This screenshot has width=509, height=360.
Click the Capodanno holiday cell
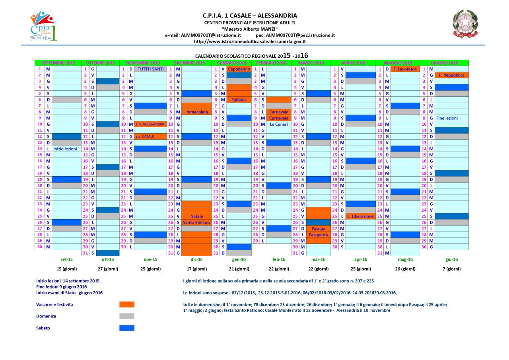[x=239, y=69]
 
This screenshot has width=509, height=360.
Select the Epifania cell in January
[x=239, y=100]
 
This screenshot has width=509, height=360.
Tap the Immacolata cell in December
[x=196, y=112]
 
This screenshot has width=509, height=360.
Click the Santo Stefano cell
[x=196, y=222]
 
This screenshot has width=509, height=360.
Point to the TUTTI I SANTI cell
[x=150, y=69]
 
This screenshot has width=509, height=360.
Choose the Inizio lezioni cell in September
[x=65, y=149]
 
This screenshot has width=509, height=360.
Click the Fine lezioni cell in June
[x=447, y=118]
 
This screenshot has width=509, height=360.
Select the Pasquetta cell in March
[x=319, y=235]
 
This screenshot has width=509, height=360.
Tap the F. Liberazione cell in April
[x=360, y=216]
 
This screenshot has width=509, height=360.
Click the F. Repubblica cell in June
[x=451, y=75]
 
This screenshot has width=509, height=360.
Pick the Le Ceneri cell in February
[x=279, y=124]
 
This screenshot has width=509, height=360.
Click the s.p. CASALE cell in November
[x=145, y=136]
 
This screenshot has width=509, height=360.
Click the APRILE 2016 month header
[x=353, y=63]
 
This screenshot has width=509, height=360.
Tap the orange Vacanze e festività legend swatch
[x=127, y=304]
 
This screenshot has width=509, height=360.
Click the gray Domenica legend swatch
[x=127, y=316]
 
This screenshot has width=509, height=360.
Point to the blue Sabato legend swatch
[x=127, y=328]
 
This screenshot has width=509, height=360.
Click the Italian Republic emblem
[x=464, y=24]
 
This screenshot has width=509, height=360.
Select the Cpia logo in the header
[x=44, y=26]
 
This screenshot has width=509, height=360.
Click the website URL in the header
[x=250, y=41]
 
